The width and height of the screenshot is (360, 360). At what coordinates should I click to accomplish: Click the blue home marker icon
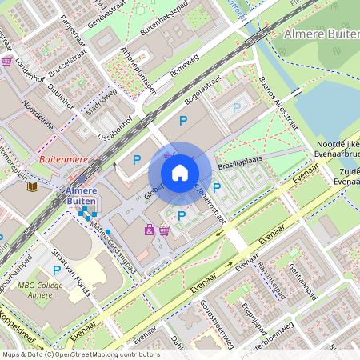(180, 172)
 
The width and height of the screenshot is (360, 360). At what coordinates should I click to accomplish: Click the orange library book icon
(33, 186)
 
